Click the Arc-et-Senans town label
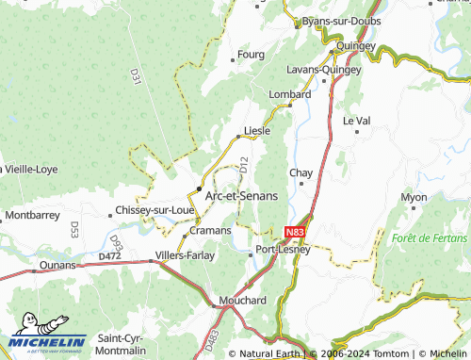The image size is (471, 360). pyautogui.click(x=241, y=195)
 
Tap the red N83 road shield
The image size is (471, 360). pyautogui.click(x=294, y=230)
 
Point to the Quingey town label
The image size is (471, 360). pyautogui.click(x=355, y=45)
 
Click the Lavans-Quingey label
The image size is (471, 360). pyautogui.click(x=323, y=69)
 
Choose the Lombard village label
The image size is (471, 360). pyautogui.click(x=289, y=94)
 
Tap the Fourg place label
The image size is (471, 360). pyautogui.click(x=251, y=55)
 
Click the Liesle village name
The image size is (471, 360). pyautogui.click(x=257, y=130)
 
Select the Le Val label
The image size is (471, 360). pyautogui.click(x=356, y=121)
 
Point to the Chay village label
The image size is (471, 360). pyautogui.click(x=300, y=172)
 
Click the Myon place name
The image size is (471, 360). pyautogui.click(x=414, y=197)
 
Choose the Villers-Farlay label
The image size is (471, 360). pyautogui.click(x=185, y=254)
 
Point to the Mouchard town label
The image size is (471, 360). pyautogui.click(x=241, y=300)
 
